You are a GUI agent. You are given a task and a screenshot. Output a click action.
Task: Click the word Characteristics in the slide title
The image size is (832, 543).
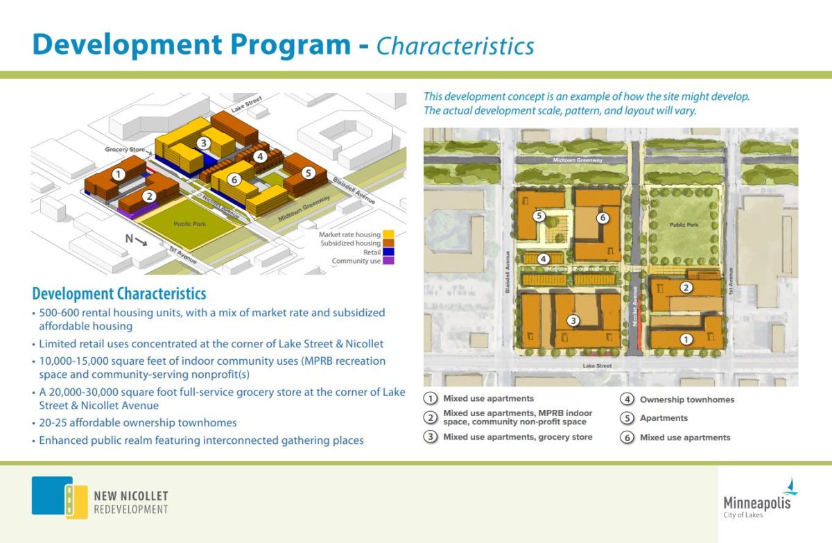click(455, 46)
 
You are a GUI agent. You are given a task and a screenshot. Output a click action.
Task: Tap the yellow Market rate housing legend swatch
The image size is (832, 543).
click(388, 234)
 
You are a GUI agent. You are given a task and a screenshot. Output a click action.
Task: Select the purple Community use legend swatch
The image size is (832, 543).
click(388, 261)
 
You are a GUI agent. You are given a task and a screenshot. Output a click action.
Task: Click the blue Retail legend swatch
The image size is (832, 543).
click(388, 252)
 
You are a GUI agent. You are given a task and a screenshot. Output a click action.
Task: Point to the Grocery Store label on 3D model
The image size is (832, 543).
click(125, 149)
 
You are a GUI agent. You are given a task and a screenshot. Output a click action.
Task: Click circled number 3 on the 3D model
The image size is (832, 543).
click(203, 144)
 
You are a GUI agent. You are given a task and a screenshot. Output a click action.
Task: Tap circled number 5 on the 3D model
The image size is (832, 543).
click(308, 172)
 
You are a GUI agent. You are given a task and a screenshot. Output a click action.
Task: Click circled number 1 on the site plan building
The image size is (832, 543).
click(686, 339)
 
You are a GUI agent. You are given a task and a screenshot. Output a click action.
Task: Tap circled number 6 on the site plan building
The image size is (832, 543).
click(603, 218)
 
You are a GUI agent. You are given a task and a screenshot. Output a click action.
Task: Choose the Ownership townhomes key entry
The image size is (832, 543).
click(686, 399)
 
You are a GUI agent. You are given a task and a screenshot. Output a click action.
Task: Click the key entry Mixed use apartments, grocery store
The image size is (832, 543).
click(517, 437)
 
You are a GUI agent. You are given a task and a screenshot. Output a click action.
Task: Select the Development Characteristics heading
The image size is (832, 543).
click(119, 293)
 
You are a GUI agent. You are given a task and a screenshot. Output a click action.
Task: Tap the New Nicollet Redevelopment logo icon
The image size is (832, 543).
click(52, 497)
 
